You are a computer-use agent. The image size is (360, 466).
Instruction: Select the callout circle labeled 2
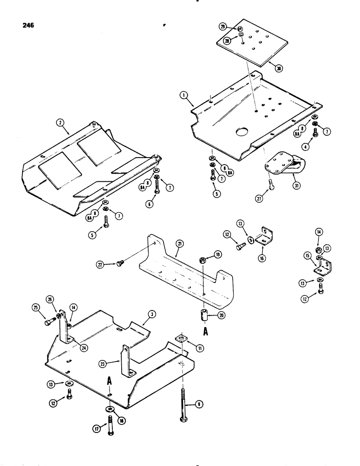(60, 123)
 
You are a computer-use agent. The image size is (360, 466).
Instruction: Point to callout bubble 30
(278, 68)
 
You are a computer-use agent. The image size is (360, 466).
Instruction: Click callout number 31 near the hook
(295, 185)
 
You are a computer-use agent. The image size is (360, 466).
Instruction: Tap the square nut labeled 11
(182, 338)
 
